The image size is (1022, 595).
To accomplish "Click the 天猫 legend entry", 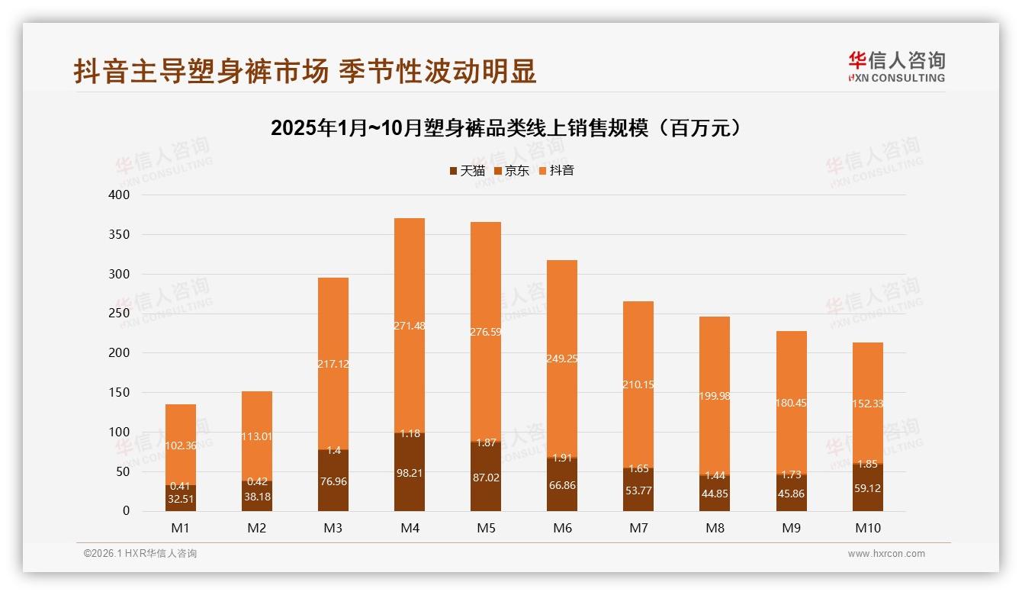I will click(x=467, y=171).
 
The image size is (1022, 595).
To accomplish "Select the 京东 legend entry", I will click(x=511, y=171).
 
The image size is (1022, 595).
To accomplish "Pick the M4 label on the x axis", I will click(x=410, y=529).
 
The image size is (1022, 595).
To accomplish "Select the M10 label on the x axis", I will click(x=867, y=529).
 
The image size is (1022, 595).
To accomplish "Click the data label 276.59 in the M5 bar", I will click(x=486, y=332).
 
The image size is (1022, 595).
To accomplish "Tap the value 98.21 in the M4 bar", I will click(x=410, y=473).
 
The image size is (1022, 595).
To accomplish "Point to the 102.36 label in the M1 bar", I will click(x=181, y=445).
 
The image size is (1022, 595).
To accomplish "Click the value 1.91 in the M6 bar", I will click(x=562, y=458).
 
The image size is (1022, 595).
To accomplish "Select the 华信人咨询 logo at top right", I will click(x=896, y=66).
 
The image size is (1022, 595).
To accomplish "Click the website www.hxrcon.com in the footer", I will click(x=886, y=554).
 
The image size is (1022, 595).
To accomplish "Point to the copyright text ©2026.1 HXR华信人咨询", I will click(x=140, y=554).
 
